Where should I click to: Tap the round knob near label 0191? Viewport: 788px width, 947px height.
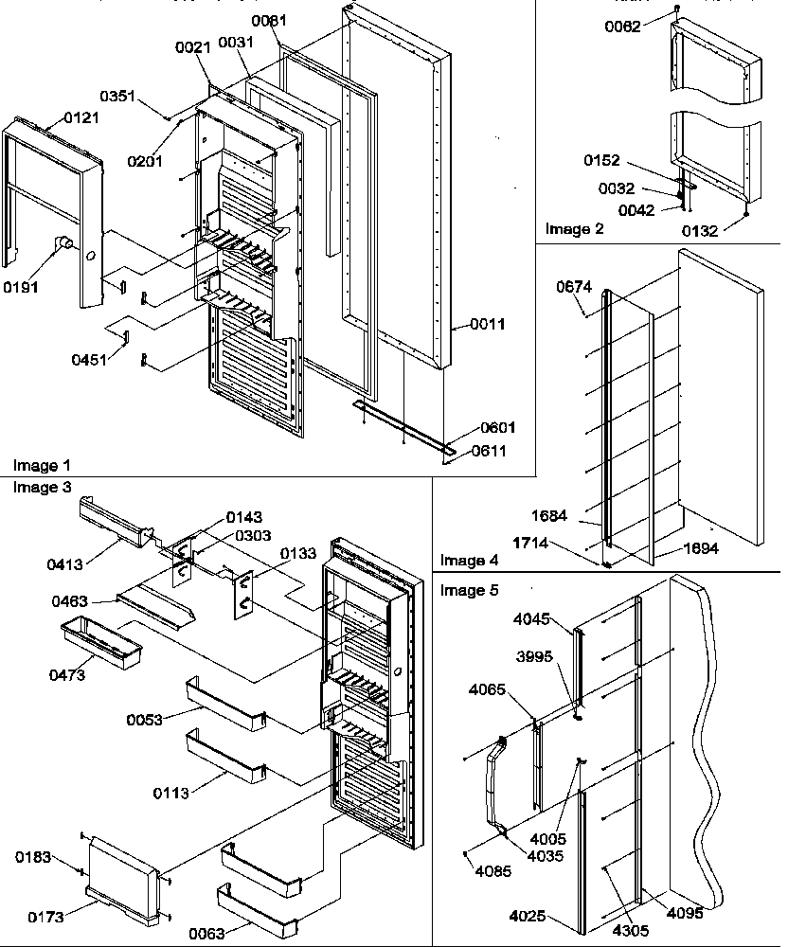coord(65,245)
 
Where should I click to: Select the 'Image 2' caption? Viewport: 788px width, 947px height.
coord(567,229)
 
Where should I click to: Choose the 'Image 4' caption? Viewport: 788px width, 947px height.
coord(467,561)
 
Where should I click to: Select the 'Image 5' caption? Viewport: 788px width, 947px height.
coord(467,590)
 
